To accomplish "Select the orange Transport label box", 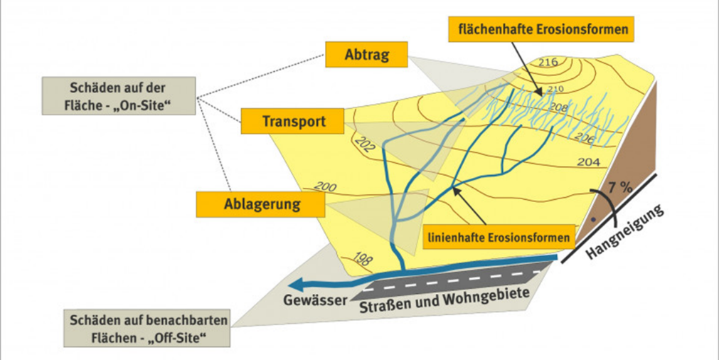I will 293,121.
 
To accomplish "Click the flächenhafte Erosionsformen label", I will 541,30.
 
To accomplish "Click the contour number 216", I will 548,63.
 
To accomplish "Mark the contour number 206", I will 585,138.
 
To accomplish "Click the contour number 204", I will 588,162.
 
